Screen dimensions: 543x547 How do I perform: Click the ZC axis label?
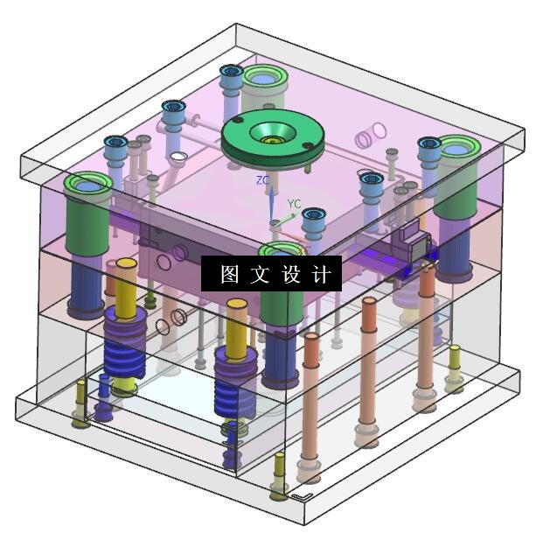pos(262,180)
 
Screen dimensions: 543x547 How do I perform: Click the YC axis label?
pos(294,204)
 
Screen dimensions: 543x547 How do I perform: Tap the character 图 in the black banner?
pos(230,274)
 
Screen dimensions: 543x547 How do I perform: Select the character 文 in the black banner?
pos(260,274)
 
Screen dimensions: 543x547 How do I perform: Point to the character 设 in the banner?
pos(290,274)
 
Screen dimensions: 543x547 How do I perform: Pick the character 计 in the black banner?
pos(320,274)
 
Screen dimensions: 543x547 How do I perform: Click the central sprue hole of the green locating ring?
pos(273,134)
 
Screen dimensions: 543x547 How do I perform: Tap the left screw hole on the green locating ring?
pos(237,121)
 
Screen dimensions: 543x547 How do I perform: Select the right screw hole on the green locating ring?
pos(307,146)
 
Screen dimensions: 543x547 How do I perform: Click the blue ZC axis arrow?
pos(271,204)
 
